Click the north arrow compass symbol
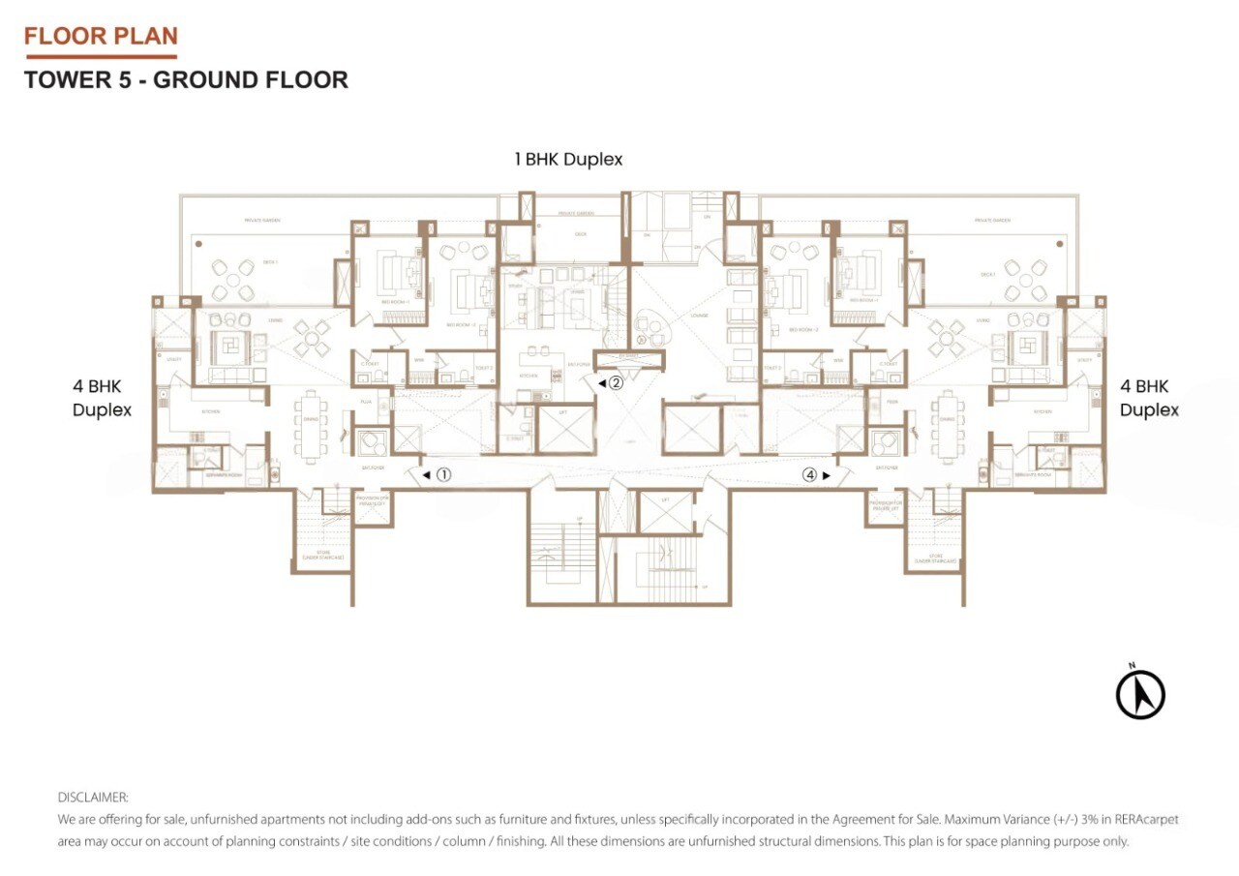coord(1139,694)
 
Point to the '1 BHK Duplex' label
coord(568,160)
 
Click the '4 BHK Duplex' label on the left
coord(102,398)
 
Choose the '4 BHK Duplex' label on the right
coord(1149,398)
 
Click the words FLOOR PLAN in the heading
coord(101,37)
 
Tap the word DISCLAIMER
coord(93,798)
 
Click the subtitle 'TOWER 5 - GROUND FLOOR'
coord(186,79)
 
